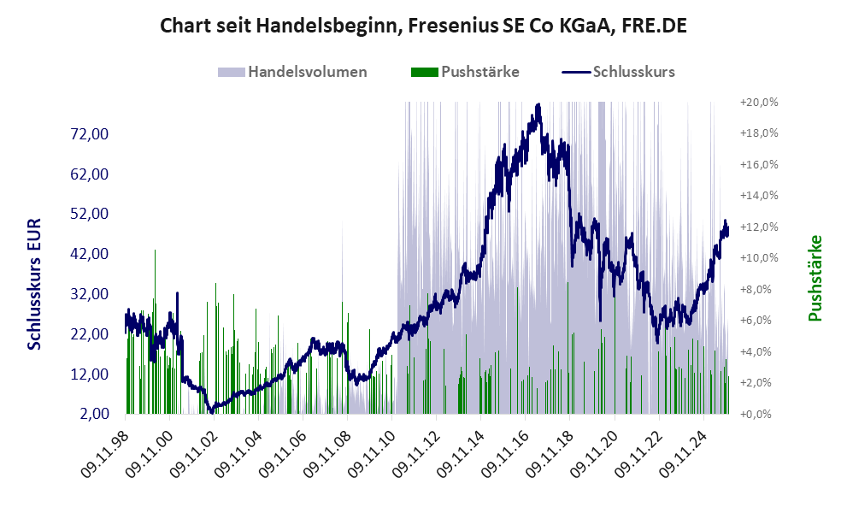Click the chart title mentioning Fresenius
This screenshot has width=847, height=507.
pyautogui.click(x=423, y=26)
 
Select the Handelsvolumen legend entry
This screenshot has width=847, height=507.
pyautogui.click(x=308, y=72)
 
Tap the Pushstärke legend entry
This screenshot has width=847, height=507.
pyautogui.click(x=479, y=72)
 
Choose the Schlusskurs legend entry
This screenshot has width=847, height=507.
pyautogui.click(x=633, y=72)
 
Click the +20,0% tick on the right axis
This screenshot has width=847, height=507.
pyautogui.click(x=758, y=102)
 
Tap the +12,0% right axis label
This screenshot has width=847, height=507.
pyautogui.click(x=758, y=227)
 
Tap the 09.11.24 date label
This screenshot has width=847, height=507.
pyautogui.click(x=685, y=451)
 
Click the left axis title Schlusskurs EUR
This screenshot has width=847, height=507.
pyautogui.click(x=35, y=282)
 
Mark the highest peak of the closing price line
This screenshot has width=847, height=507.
pyautogui.click(x=538, y=105)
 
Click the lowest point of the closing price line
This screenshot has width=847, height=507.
pyautogui.click(x=211, y=412)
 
